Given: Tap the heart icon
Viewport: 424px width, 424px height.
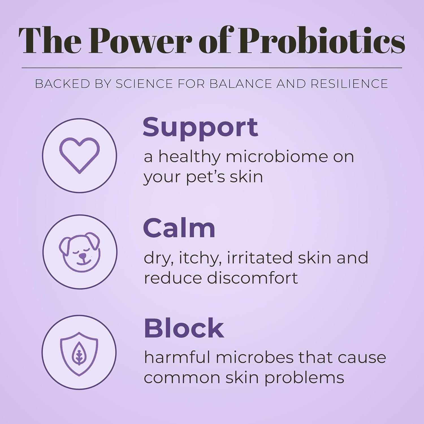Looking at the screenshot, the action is pyautogui.click(x=79, y=155).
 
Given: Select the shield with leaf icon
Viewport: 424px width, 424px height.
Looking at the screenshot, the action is pyautogui.click(x=79, y=354).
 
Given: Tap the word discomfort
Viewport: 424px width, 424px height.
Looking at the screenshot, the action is pyautogui.click(x=252, y=278).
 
